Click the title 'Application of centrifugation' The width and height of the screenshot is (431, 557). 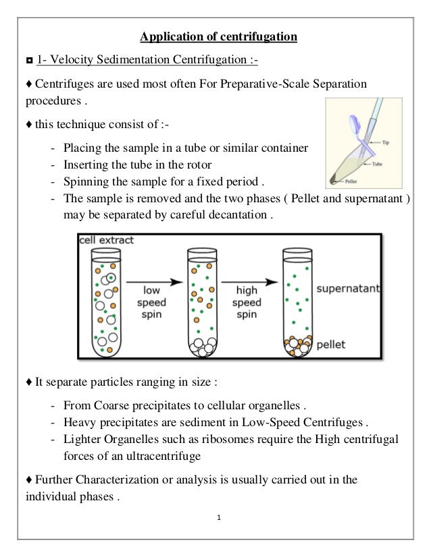[x=218, y=36]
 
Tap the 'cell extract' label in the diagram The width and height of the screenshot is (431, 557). [x=107, y=240]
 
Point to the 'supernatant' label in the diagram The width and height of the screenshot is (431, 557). [x=349, y=288]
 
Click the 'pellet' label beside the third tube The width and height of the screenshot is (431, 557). [x=331, y=345]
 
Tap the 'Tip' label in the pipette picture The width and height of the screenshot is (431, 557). [x=386, y=143]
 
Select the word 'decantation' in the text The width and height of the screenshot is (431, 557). [x=240, y=216]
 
